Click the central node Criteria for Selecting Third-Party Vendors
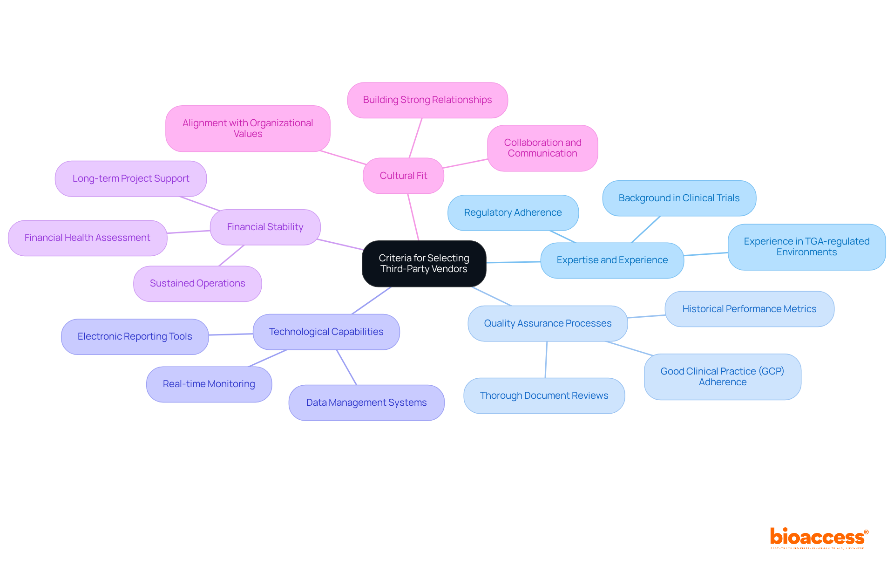pos(424,264)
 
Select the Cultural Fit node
pos(403,176)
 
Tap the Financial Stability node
pos(265,227)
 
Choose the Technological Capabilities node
pos(326,332)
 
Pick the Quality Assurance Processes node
pos(548,323)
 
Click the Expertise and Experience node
pos(612,260)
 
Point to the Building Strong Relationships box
pos(427,100)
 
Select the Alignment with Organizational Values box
pos(248,129)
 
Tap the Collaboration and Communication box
pos(542,148)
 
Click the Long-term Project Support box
pos(131,178)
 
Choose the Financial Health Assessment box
pos(88,238)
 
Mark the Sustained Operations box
pos(197,283)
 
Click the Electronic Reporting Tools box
pos(135,336)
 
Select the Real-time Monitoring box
pos(209,384)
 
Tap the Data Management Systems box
pos(366,402)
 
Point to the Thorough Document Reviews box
pos(544,396)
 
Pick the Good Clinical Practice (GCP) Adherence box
pos(722,376)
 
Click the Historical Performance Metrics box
pos(749,309)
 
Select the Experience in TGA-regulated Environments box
pos(806,247)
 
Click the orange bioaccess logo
pos(819,538)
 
